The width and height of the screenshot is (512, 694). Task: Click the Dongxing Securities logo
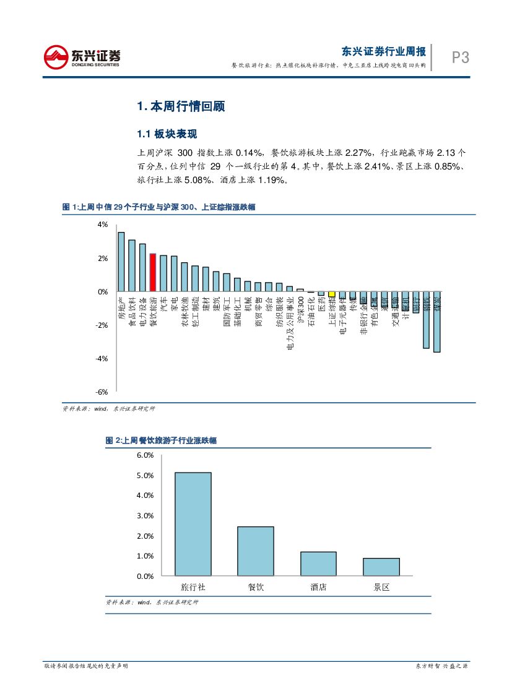[82, 57]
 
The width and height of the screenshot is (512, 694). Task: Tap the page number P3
[460, 58]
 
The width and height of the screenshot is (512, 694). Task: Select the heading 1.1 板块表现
[167, 134]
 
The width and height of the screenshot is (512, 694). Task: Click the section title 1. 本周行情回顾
[181, 106]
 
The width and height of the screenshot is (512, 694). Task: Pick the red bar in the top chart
[152, 272]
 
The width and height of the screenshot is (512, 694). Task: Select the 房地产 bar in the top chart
[121, 262]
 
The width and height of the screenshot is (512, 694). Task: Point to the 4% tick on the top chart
[102, 225]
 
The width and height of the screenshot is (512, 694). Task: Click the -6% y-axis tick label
[102, 392]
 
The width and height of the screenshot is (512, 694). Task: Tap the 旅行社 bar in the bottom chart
[193, 524]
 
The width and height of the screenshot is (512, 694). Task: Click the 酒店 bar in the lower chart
[318, 563]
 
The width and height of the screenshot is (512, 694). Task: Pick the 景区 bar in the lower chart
[381, 567]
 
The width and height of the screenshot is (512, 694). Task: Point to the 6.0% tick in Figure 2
[144, 455]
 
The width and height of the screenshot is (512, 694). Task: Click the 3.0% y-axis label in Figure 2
[144, 516]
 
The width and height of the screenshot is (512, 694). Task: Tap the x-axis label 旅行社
[193, 587]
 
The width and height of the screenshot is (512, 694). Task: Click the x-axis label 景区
[381, 587]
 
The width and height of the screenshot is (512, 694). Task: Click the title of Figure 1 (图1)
[159, 208]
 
